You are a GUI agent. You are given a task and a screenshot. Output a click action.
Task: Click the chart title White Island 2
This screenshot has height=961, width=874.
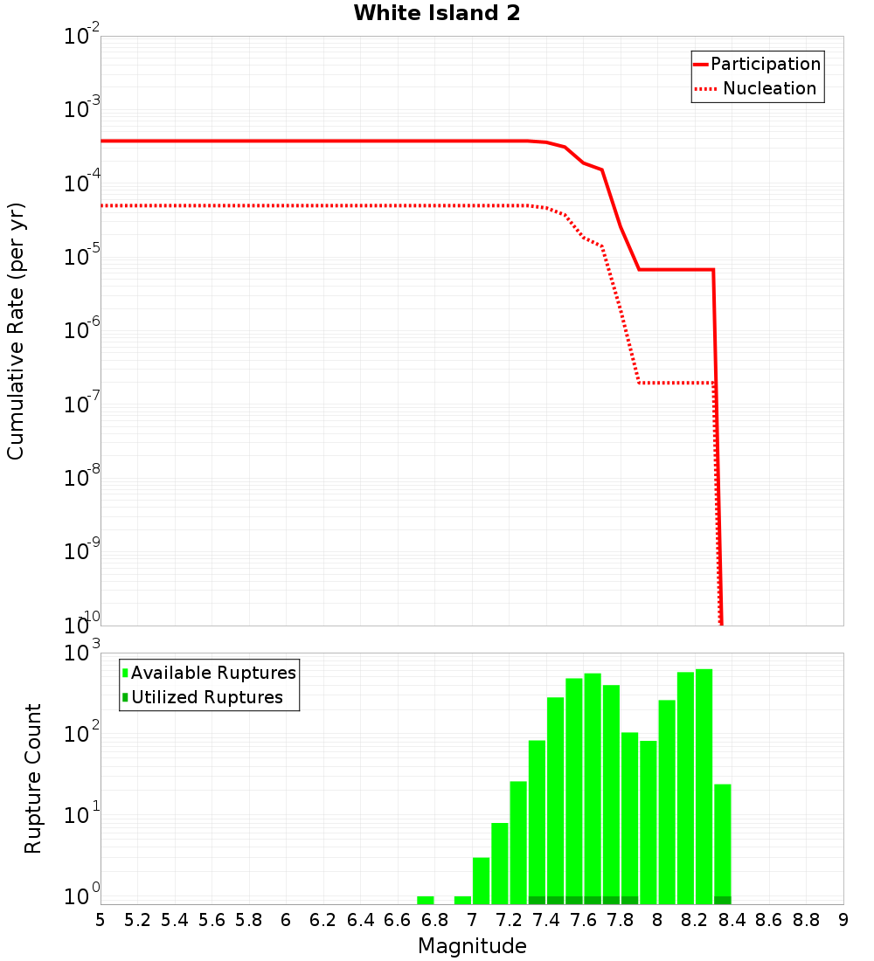coord(437,14)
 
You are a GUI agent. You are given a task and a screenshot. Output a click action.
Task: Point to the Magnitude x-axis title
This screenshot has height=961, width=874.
coord(472,946)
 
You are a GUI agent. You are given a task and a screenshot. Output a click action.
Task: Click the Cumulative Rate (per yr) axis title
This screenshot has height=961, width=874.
coord(16,331)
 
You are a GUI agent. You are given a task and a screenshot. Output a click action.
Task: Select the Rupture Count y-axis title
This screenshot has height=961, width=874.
coord(33,778)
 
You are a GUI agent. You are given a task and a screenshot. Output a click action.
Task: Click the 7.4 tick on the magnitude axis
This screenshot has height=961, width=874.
coord(546,920)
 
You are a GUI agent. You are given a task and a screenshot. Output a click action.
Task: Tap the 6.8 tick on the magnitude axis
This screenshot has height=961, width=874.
coord(434,920)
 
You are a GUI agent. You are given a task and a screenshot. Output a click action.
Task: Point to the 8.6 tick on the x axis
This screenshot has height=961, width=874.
coord(769,920)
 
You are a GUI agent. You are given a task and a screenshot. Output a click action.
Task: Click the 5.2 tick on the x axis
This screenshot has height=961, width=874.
coord(137,920)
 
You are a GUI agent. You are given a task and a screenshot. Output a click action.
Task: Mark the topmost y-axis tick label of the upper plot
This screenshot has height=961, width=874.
coord(82,37)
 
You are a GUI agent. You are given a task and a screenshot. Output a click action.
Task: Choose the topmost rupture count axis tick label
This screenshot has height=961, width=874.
coord(82,653)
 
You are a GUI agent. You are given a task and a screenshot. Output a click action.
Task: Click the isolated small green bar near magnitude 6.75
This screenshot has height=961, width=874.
coord(426,900)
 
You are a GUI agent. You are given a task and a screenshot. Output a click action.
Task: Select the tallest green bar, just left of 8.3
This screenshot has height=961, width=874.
coord(704,786)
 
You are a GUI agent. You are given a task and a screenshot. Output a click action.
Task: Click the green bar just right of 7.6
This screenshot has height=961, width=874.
coord(593,786)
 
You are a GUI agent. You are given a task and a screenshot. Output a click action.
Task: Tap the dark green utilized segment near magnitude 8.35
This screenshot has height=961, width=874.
coord(723,900)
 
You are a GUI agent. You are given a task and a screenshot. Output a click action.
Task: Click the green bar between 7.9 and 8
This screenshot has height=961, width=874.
coord(649,821)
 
